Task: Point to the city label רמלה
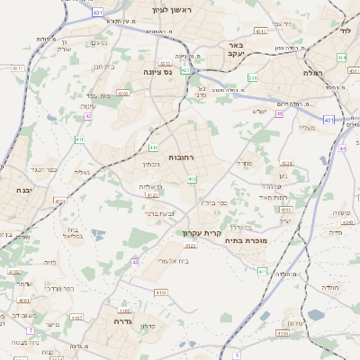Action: [x=313, y=72]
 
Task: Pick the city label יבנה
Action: [x=24, y=191]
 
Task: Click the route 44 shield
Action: [x=343, y=148]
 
